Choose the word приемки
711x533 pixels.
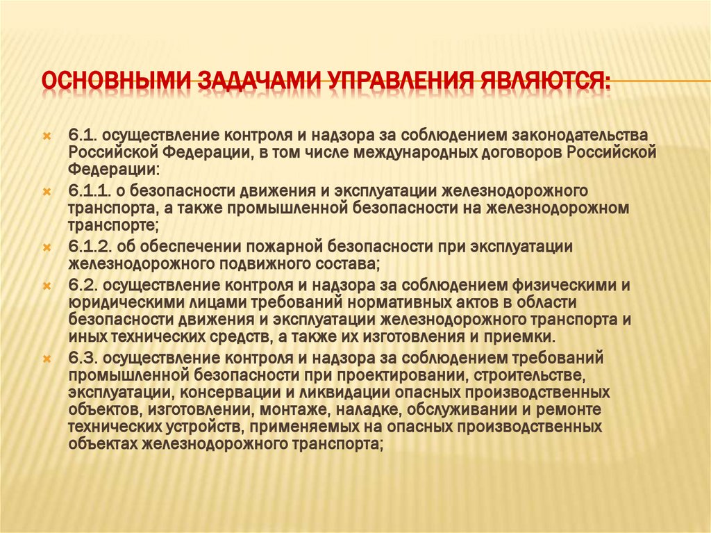(527, 336)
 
